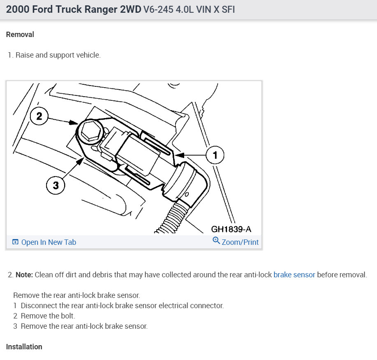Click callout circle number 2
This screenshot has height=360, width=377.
[x=39, y=116]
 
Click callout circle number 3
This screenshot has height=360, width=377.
[x=56, y=186]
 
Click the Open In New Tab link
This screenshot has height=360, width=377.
[x=49, y=242]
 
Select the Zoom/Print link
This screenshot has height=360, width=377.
[x=240, y=242]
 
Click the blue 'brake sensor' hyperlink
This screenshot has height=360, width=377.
[x=294, y=275]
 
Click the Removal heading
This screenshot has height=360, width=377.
[x=20, y=35]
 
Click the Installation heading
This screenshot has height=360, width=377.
[x=24, y=347]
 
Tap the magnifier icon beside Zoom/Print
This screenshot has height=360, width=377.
[x=216, y=241]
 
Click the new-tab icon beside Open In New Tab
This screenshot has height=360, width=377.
[x=15, y=242]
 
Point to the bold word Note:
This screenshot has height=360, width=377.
[x=24, y=275]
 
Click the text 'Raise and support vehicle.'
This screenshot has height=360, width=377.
[x=58, y=55]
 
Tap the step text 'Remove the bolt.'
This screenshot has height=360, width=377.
[x=48, y=316]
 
